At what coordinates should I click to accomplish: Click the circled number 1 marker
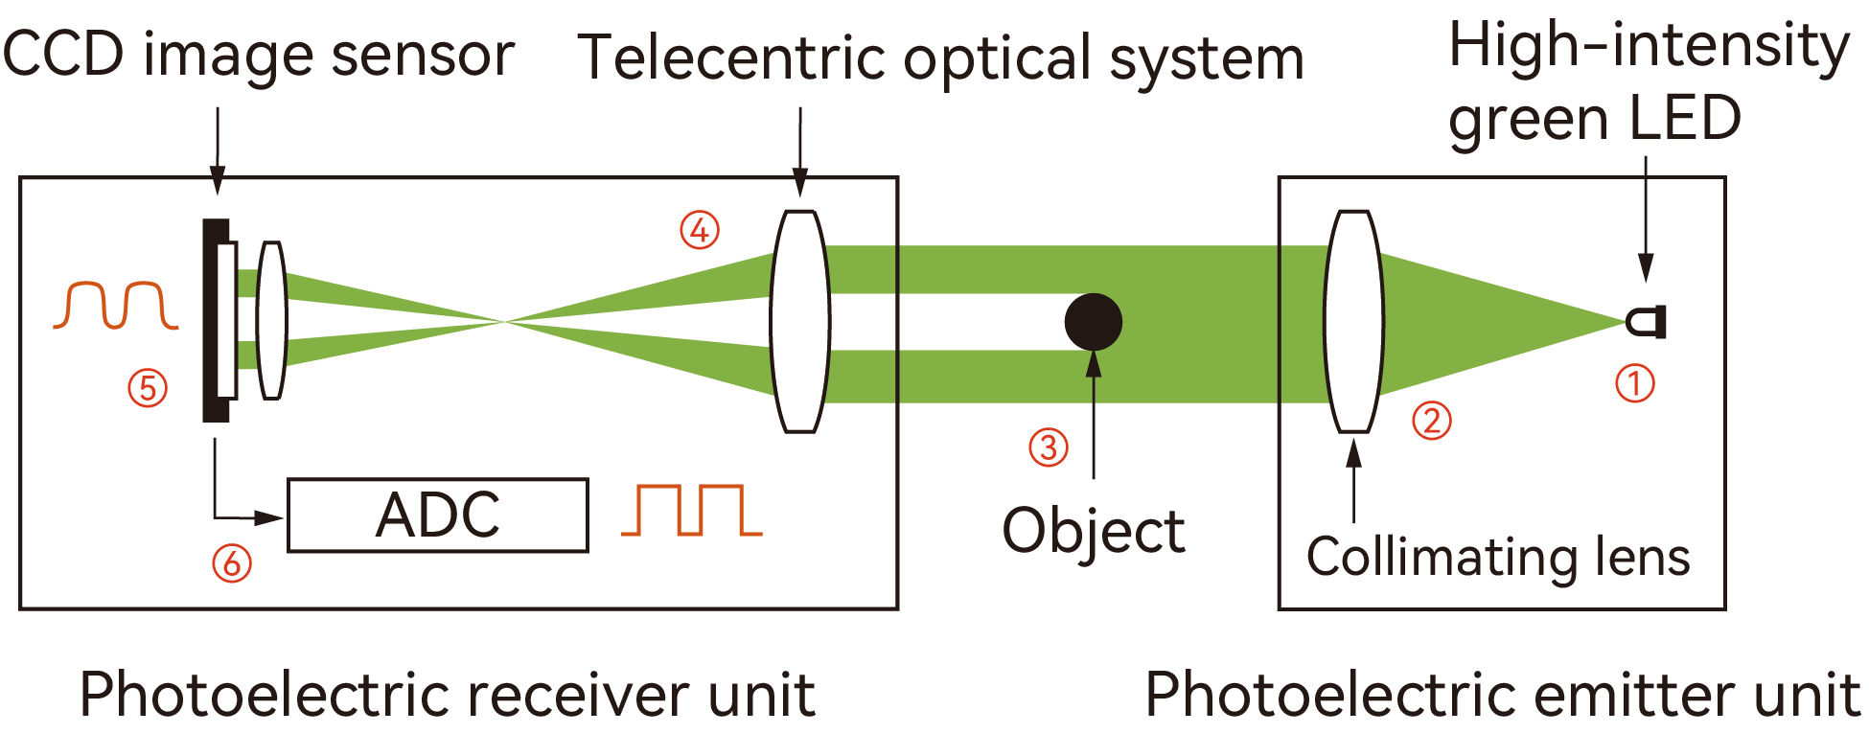[x=1635, y=383]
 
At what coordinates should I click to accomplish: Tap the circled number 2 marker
[x=1432, y=421]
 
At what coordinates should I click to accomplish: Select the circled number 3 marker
[x=1049, y=447]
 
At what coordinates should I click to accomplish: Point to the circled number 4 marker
[x=700, y=230]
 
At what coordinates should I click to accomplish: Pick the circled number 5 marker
[x=148, y=388]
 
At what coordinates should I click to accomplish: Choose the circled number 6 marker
[x=232, y=563]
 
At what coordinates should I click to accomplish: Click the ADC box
[x=438, y=515]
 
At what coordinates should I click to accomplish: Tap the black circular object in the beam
[x=1093, y=322]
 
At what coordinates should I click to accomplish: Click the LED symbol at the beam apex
[x=1649, y=322]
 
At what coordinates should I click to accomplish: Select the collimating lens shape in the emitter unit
[x=1353, y=322]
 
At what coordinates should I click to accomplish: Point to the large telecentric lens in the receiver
[x=800, y=322]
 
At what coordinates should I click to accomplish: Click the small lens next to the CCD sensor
[x=272, y=320]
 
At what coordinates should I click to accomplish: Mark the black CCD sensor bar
[x=214, y=320]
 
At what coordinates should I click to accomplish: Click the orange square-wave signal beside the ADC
[x=692, y=510]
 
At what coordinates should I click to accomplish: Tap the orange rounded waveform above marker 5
[x=116, y=306]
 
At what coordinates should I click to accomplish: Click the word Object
[x=1094, y=532]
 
